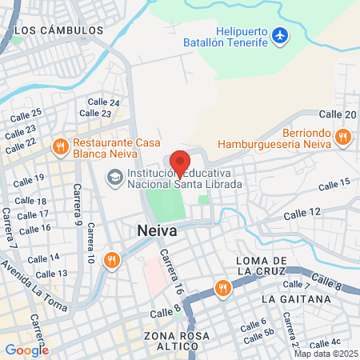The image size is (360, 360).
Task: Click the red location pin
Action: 180,162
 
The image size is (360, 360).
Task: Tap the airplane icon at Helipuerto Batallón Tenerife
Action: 279,35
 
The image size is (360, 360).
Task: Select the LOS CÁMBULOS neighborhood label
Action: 59,30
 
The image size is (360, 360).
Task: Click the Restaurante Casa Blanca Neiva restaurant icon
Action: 59,146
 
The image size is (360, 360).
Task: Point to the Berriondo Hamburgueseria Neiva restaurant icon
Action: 342,136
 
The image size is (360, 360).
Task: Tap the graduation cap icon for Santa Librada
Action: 114,175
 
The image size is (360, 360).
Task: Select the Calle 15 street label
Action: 334,185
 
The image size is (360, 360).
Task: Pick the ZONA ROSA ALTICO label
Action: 172,339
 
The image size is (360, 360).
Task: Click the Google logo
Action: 26,350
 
